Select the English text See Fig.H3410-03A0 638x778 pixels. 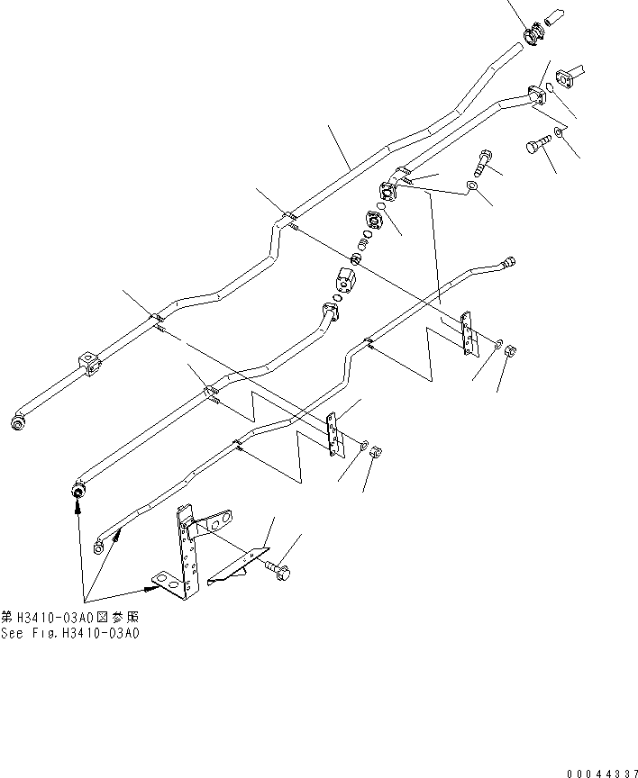(70, 632)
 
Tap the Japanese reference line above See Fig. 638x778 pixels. (70, 619)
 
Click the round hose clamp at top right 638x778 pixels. (533, 34)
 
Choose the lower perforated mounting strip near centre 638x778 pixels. (335, 433)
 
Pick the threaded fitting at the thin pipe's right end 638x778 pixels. (510, 262)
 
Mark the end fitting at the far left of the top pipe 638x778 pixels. (18, 421)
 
